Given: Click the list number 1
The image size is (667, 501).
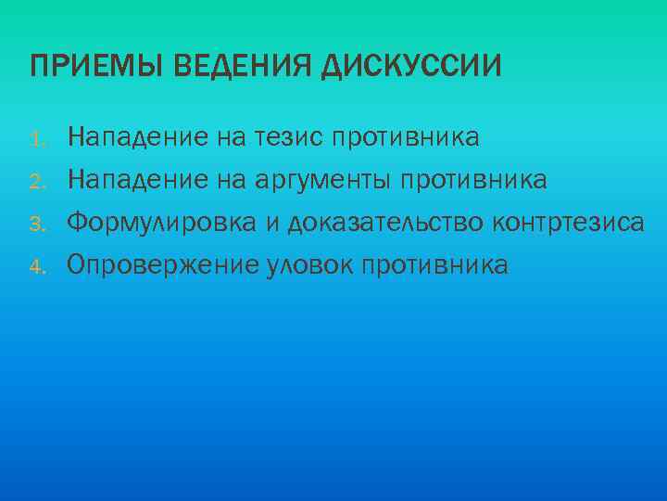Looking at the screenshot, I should (x=36, y=141).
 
